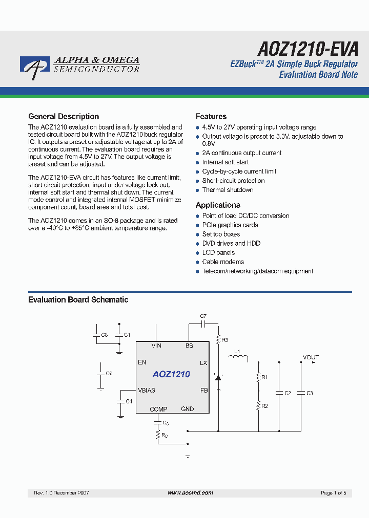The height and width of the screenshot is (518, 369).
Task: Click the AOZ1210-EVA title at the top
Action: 307,49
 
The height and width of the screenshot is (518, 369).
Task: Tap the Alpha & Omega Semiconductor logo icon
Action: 35,68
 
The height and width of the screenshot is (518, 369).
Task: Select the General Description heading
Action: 64,116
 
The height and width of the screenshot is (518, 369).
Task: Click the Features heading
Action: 211,116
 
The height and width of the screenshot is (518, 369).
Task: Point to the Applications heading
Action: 218,205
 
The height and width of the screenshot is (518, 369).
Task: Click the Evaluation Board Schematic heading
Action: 78,299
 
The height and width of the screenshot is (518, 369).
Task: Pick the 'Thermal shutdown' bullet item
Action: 228,190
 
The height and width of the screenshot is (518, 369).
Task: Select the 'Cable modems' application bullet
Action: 223,262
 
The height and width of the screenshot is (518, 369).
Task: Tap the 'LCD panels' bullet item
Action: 218,253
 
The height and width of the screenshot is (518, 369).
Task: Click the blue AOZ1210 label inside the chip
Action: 171,374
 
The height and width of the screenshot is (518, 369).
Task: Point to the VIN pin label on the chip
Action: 156,346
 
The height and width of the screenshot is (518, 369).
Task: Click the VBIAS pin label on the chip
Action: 147,390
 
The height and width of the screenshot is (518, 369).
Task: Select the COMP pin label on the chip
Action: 158,409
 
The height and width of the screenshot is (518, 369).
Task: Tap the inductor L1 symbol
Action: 238,358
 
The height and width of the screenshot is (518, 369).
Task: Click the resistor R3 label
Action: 225,339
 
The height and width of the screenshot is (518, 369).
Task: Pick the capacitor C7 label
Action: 203,316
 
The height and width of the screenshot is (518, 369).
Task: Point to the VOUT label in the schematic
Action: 311,357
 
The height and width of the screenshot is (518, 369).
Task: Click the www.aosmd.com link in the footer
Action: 190,492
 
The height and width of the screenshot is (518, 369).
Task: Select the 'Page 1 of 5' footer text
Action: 333,493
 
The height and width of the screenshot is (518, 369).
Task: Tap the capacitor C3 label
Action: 310,393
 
